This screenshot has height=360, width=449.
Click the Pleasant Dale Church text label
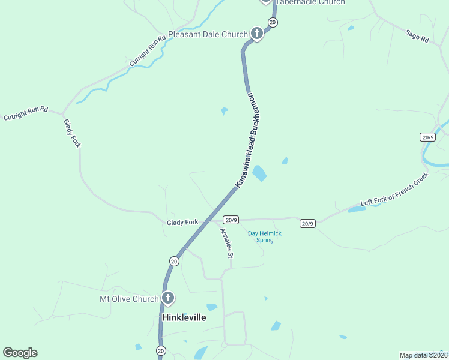pos(208,35)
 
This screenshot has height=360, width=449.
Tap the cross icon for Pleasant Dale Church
pos(256,33)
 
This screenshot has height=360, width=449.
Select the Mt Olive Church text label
pos(129,299)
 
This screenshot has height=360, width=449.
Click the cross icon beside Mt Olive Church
pos(168,298)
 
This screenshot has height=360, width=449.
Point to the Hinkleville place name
pos(184,317)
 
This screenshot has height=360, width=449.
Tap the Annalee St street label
pos(226,243)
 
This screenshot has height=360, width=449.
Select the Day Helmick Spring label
pos(265,237)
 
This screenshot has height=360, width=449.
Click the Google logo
pos(20,353)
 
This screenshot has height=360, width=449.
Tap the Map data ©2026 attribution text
pos(424,355)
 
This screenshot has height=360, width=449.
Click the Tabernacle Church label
pos(310,2)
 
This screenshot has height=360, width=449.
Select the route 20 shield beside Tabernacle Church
pos(273,22)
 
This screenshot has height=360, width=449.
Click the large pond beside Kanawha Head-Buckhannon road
pos(259,173)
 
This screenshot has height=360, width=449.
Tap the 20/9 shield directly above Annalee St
pos(231,220)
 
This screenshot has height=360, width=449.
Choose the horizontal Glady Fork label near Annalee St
pos(182,223)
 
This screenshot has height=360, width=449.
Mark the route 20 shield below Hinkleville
pos(160,350)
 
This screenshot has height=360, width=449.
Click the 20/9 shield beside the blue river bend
pos(428,137)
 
